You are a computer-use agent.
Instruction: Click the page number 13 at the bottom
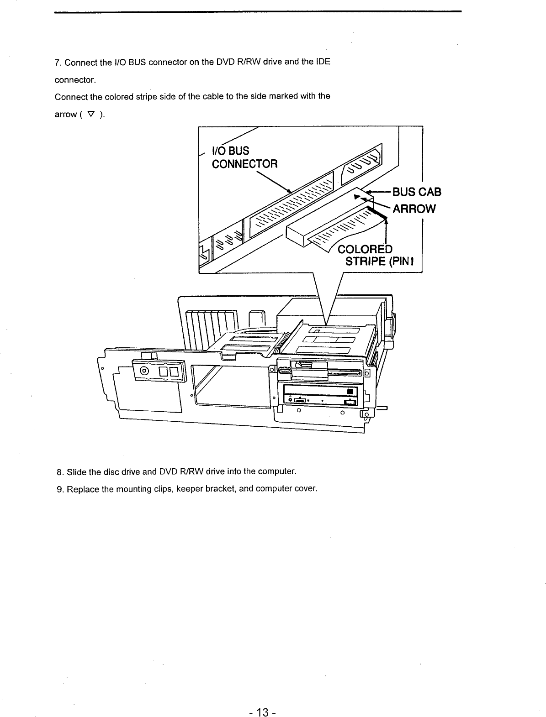264,699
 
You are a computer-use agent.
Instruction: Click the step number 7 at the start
57,62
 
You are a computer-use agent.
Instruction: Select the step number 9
59,489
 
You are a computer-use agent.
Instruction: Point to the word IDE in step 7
323,62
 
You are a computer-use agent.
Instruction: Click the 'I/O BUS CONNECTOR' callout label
244,157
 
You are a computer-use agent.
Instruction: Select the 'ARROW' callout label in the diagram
414,209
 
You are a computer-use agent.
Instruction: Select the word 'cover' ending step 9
305,489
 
